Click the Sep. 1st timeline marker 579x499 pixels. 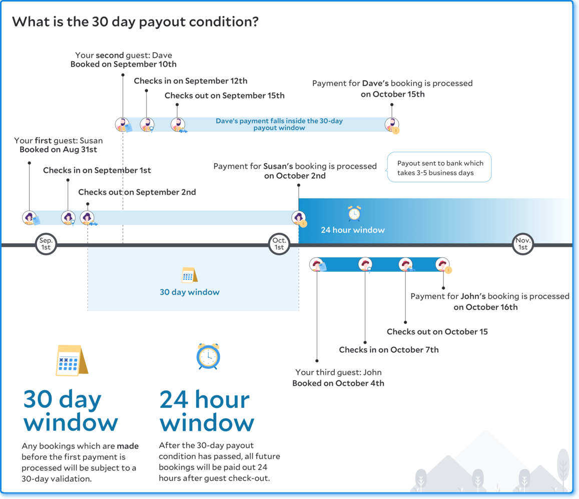[46, 244]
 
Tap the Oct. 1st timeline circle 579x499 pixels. [279, 244]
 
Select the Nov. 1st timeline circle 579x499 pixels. [523, 244]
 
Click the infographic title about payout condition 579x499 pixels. [135, 22]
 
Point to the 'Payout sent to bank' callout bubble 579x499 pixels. [439, 167]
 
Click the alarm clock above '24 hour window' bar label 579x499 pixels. [354, 213]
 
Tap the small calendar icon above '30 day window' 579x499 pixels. [190, 275]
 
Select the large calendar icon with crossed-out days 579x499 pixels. [72, 360]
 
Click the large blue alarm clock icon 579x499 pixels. [208, 356]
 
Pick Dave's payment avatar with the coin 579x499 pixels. [392, 125]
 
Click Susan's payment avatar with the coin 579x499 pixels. [299, 218]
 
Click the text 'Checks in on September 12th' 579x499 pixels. [191, 81]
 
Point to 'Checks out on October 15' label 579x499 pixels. [437, 332]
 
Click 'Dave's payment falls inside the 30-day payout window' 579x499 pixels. [279, 125]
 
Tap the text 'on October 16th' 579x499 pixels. [485, 307]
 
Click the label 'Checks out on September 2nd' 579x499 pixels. [137, 192]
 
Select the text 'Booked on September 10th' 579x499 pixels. [123, 64]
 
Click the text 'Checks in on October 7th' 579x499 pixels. [389, 350]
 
